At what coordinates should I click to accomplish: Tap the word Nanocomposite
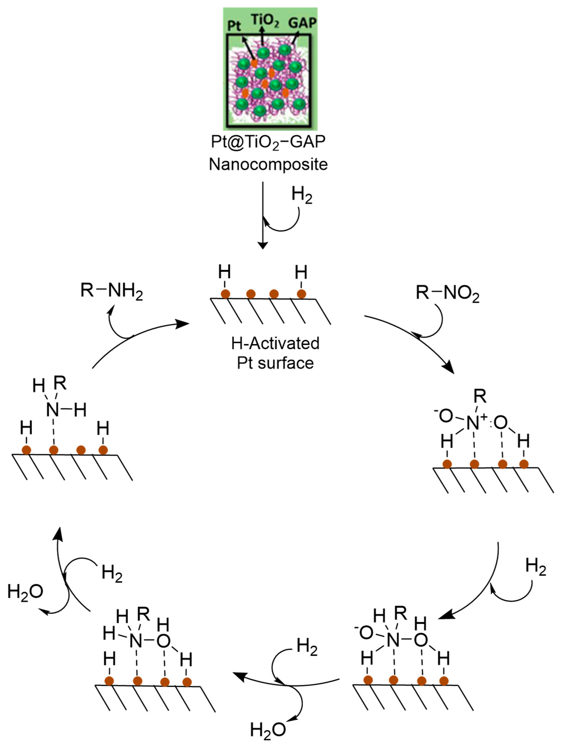pyautogui.click(x=268, y=164)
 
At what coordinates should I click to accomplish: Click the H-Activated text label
pyautogui.click(x=275, y=344)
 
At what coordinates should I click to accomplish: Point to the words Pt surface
pyautogui.click(x=275, y=363)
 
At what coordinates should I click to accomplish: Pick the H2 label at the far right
pyautogui.click(x=535, y=567)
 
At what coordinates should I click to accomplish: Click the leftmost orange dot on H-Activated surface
pyautogui.click(x=225, y=294)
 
